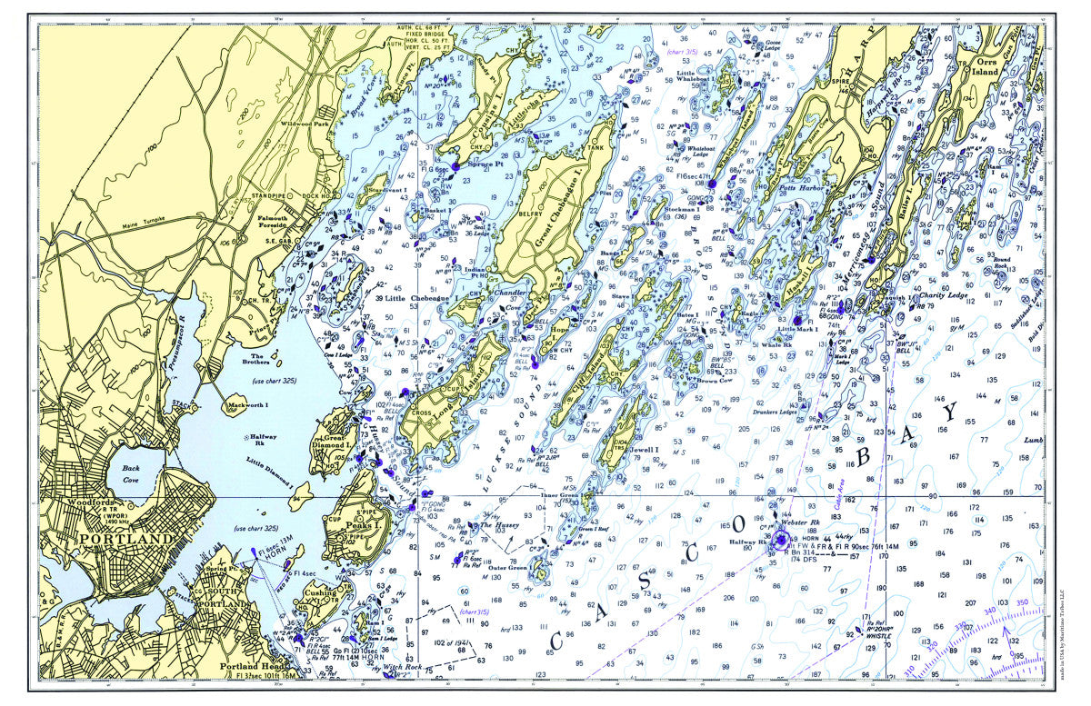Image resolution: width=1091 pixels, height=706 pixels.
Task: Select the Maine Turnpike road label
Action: click(x=144, y=225)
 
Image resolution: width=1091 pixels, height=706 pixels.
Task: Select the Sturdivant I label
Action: click(x=386, y=189)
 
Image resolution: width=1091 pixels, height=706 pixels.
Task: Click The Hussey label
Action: click(x=498, y=525)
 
